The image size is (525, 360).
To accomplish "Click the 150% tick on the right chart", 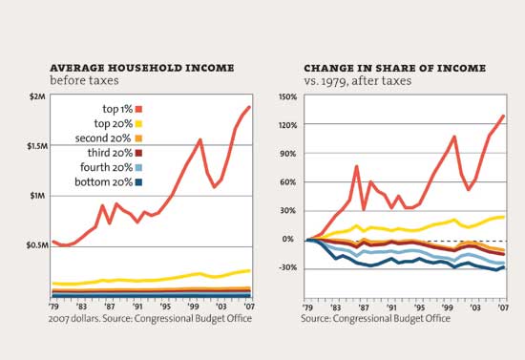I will [287, 97].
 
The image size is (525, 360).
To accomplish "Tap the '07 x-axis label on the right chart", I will [502, 305].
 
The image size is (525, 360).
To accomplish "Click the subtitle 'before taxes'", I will [82, 82].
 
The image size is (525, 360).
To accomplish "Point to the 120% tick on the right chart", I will [287, 126].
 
